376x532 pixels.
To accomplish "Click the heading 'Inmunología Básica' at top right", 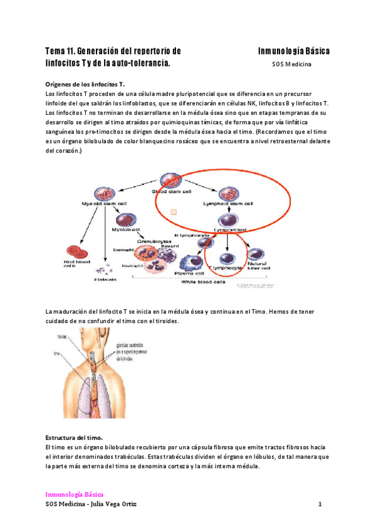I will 294,51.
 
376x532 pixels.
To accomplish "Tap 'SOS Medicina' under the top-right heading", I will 292,64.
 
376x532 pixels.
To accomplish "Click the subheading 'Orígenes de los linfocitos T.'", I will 86,83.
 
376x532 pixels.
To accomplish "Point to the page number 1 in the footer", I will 320,504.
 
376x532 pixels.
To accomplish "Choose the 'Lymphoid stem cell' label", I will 229,204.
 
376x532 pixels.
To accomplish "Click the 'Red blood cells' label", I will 75,263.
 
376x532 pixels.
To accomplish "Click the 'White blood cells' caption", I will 204,282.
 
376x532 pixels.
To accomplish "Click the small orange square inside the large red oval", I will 174,212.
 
